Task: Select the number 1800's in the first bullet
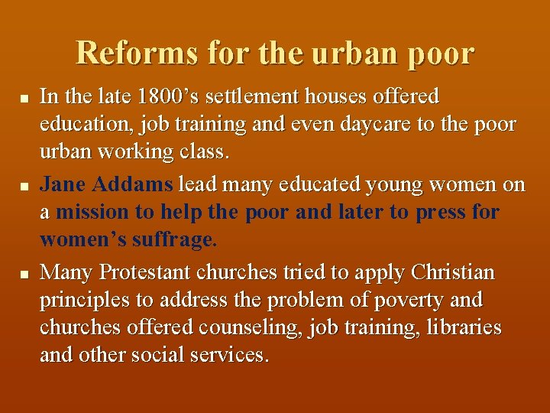(x=170, y=97)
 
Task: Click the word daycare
(x=377, y=124)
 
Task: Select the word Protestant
(x=145, y=273)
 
